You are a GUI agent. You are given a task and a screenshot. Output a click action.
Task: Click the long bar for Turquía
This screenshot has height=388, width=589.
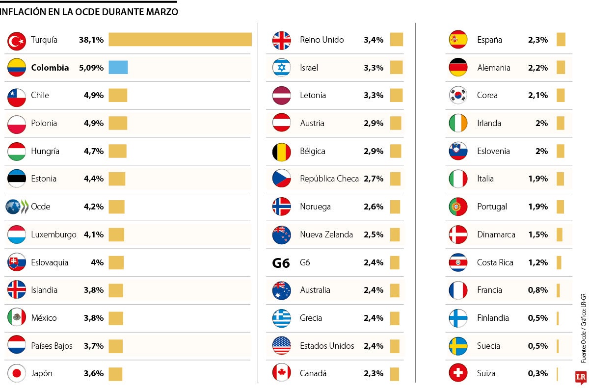pos(180,40)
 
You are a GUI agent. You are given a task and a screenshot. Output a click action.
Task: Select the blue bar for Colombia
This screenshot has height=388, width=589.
pos(118,68)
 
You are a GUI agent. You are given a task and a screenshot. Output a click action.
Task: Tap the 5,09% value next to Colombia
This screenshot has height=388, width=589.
pos(91,68)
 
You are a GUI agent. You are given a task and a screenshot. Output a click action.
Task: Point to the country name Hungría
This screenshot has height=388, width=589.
pos(45,151)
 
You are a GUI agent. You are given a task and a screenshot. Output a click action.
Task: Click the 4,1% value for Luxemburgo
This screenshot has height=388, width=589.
pos(94,234)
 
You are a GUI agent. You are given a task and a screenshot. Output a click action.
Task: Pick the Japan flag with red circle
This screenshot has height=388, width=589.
pos(17,373)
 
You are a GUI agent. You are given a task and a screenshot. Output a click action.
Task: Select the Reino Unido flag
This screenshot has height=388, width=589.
pos(282,40)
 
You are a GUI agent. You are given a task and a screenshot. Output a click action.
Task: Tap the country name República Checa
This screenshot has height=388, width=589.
pos(329,179)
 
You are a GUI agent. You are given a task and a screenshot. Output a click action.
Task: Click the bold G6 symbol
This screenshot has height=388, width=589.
pos(281,263)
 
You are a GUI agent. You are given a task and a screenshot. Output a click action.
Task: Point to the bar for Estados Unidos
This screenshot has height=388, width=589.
pos(395,346)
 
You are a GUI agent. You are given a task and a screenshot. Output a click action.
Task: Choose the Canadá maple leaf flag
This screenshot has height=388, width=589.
pos(282,373)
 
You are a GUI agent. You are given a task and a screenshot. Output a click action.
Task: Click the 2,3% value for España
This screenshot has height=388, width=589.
pos(538,40)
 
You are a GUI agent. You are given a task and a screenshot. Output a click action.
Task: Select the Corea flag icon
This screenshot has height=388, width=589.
pos(458,96)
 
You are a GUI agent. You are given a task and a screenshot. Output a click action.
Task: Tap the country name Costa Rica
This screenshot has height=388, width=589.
pos(495,262)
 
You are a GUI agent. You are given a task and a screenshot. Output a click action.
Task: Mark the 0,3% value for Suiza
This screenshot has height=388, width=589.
pos(538,373)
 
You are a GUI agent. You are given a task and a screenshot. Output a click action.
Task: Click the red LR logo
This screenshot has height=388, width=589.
pos(581,377)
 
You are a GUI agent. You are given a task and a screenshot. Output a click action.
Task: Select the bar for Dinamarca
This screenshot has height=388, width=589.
pos(560,234)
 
